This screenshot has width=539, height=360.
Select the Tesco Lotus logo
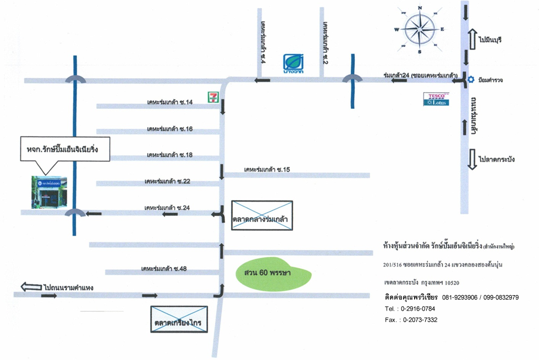[x=436, y=99]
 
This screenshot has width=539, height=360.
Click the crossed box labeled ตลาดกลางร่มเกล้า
[x=262, y=215]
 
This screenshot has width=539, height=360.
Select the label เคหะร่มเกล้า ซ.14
[x=169, y=103]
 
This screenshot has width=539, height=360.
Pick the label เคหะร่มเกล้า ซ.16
[x=169, y=129]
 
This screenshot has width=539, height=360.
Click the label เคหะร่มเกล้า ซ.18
[x=169, y=156]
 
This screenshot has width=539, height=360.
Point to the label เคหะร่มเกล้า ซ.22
[x=167, y=181]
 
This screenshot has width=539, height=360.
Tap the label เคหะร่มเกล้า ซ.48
[x=164, y=269]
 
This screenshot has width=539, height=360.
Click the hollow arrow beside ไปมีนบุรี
[x=471, y=40]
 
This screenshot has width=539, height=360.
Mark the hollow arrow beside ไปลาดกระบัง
[x=471, y=159]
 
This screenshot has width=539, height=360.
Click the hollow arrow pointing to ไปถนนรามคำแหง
[x=31, y=286]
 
